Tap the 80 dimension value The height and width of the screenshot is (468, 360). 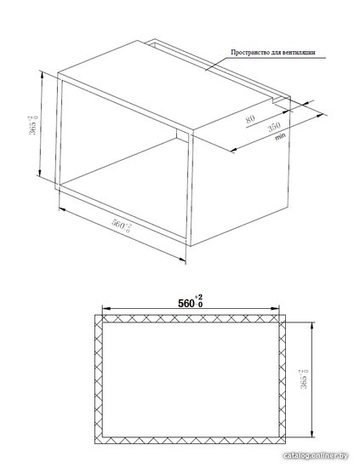tap(250, 119)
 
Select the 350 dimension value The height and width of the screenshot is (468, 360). tap(274, 127)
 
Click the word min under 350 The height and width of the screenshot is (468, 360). tap(280, 137)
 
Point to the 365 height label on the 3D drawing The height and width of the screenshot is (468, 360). tap(33, 125)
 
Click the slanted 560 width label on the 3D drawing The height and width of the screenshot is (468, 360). tap(121, 225)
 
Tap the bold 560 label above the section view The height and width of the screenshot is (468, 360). tap(191, 301)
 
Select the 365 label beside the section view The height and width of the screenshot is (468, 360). tap(304, 379)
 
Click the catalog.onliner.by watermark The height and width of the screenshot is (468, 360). tap(315, 455)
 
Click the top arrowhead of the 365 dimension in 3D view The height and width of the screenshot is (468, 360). tap(42, 75)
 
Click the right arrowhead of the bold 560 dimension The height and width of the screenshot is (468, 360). tap(275, 309)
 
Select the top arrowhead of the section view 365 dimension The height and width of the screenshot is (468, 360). tap(312, 326)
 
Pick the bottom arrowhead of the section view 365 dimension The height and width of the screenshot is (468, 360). tap(312, 433)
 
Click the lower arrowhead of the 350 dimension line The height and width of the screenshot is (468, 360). tap(234, 150)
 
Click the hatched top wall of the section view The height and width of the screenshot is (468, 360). tap(190, 318)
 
